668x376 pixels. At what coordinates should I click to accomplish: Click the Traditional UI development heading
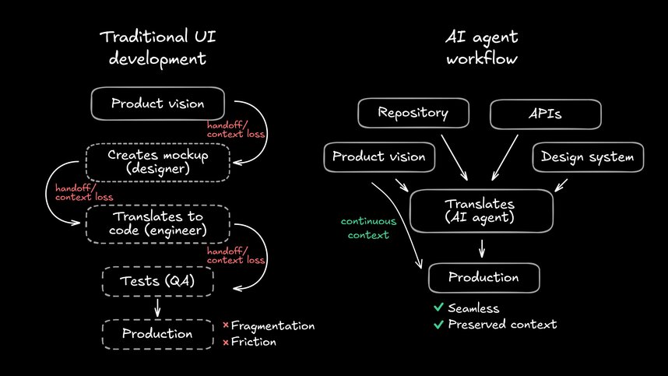(x=158, y=47)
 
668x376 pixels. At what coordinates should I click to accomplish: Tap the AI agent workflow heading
(x=482, y=47)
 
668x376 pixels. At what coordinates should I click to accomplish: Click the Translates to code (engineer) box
(x=158, y=224)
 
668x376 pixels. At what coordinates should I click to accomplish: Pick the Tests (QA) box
(x=158, y=281)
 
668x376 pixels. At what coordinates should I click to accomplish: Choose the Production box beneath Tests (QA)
(x=158, y=334)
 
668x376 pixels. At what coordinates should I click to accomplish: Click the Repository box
(x=413, y=113)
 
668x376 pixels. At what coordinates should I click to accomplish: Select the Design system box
(x=588, y=157)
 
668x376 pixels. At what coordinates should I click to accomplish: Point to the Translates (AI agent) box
(x=481, y=210)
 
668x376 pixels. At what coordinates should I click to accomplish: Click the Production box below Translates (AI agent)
(x=483, y=277)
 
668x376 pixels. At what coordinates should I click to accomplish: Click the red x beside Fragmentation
(x=226, y=325)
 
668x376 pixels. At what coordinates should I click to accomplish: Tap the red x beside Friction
(x=226, y=342)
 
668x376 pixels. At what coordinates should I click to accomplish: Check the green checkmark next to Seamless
(x=438, y=308)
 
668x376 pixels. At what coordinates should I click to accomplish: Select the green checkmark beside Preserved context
(x=438, y=324)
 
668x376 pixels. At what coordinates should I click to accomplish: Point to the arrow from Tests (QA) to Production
(x=158, y=308)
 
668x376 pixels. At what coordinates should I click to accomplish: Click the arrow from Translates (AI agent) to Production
(x=483, y=248)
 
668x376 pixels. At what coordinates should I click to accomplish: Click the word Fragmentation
(x=272, y=325)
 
